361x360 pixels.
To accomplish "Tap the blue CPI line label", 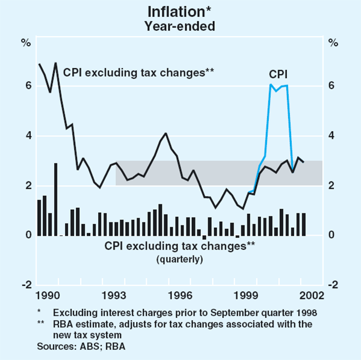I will [277, 73].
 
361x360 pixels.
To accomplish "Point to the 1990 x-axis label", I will [47, 295].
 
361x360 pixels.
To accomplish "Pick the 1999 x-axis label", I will [247, 295].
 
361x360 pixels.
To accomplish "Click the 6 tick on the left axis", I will [28, 86].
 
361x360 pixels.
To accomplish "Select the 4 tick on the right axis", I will [332, 136].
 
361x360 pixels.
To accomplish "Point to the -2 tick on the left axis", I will [26, 285].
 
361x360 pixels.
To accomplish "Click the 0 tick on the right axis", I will [332, 235].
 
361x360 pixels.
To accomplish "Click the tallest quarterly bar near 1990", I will [56, 198].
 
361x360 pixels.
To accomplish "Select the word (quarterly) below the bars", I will [179, 259].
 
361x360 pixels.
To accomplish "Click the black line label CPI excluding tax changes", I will [139, 73].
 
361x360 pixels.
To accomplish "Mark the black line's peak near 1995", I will [165, 133].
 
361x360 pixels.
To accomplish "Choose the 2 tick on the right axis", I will [332, 186].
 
